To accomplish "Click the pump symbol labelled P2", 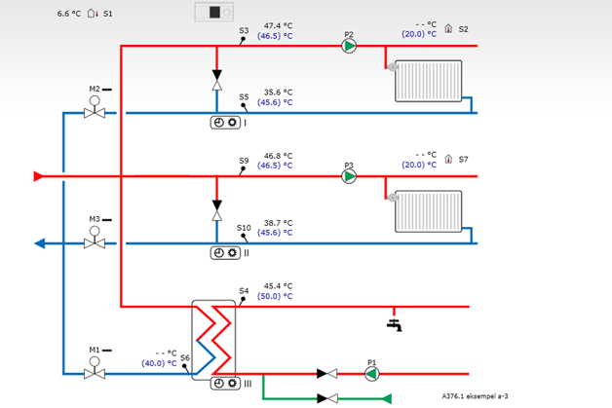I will pos(349,45).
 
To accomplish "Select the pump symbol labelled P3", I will pos(349,176).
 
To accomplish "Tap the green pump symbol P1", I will pos(371,373).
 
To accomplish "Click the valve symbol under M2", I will pos(95,113).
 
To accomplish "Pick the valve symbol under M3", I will pos(95,242).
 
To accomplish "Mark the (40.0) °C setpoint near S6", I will pos(159,363).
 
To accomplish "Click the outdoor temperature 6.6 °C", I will pos(68,15).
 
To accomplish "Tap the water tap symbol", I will pos(394,322).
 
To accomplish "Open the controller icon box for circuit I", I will pos(225,123).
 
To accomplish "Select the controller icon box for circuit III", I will pos(225,383).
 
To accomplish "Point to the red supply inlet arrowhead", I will pos(38,176).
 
